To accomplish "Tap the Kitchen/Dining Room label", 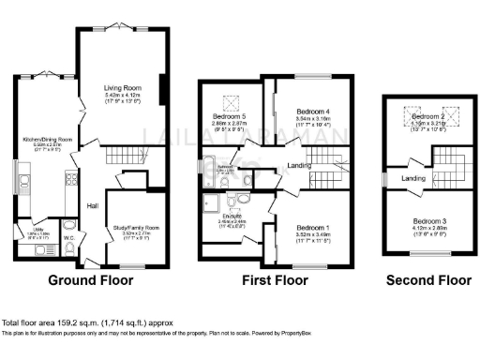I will point(44,142).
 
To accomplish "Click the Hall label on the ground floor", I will point(93,205).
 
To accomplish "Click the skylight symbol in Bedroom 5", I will point(228,102).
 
